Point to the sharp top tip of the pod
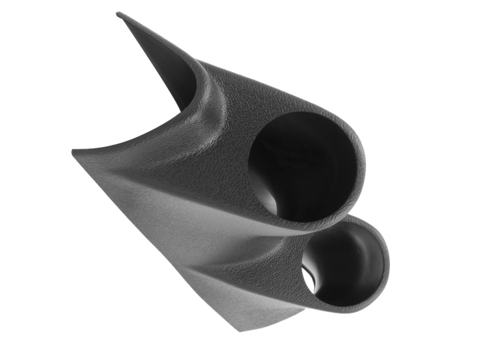pyautogui.click(x=119, y=14)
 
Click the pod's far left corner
pyautogui.click(x=73, y=152)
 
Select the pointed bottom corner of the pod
pyautogui.click(x=238, y=329)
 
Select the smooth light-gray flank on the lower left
pyautogui.click(x=150, y=225)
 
